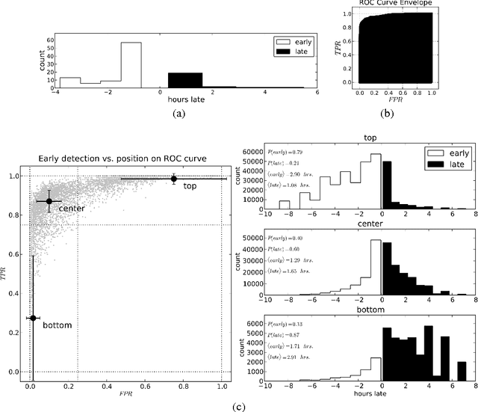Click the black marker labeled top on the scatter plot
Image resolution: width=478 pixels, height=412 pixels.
(174, 179)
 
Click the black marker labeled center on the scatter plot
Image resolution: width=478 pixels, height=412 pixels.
(49, 201)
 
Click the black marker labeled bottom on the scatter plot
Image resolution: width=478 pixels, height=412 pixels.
(32, 318)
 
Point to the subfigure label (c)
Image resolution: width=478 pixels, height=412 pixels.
(238, 406)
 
